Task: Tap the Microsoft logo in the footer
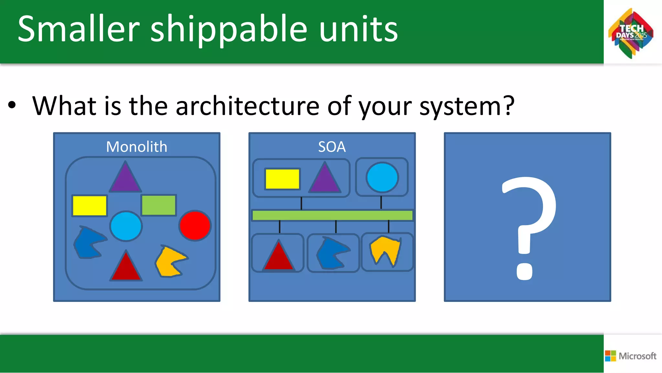(631, 356)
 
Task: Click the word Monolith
(137, 147)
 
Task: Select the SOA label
(332, 147)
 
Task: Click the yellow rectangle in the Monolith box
(90, 205)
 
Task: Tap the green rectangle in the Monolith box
(159, 205)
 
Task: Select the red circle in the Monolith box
(195, 225)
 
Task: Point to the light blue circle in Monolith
(126, 226)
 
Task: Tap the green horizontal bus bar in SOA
(332, 215)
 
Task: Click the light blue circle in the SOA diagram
(382, 178)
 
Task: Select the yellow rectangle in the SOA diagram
(282, 179)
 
